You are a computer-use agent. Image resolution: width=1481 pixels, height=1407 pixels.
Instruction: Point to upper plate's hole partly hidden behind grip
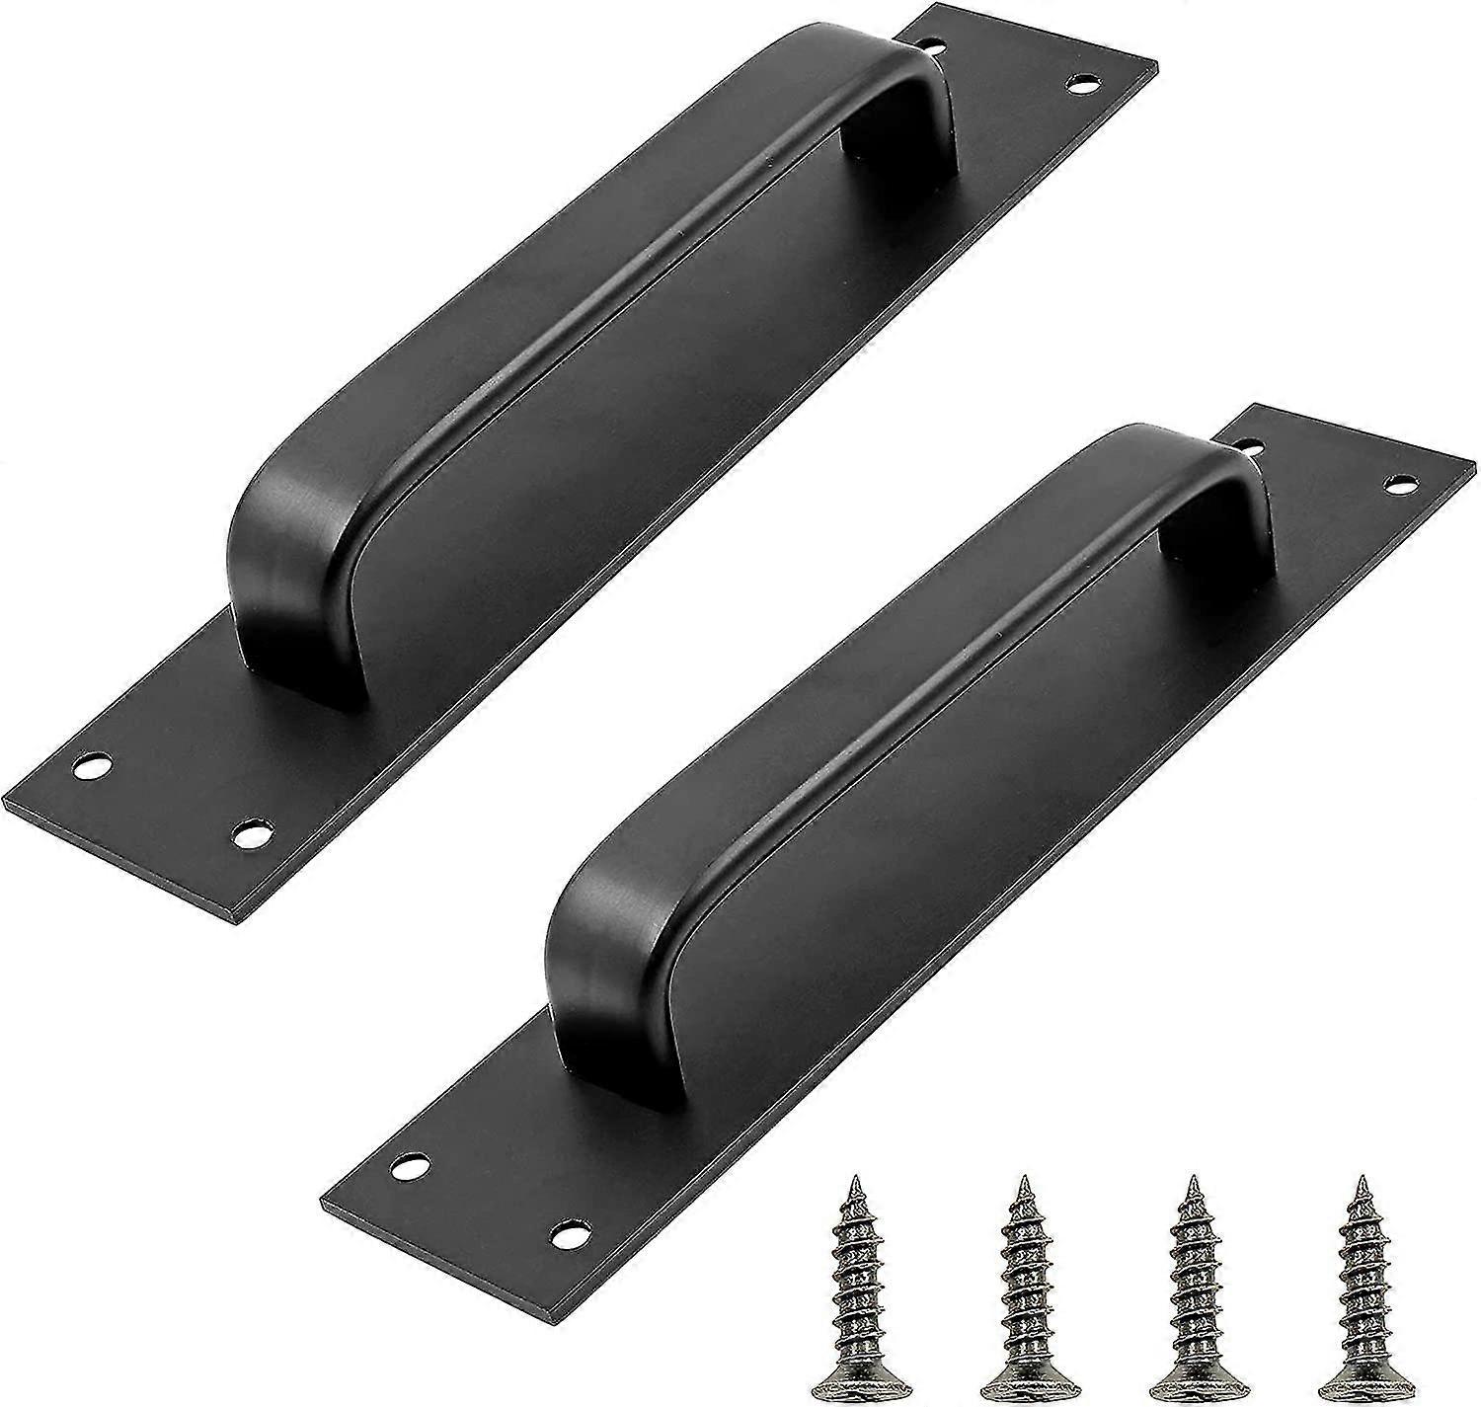pyautogui.click(x=929, y=43)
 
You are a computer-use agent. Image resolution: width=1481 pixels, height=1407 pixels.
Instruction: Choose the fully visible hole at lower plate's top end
pyautogui.click(x=1400, y=482)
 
